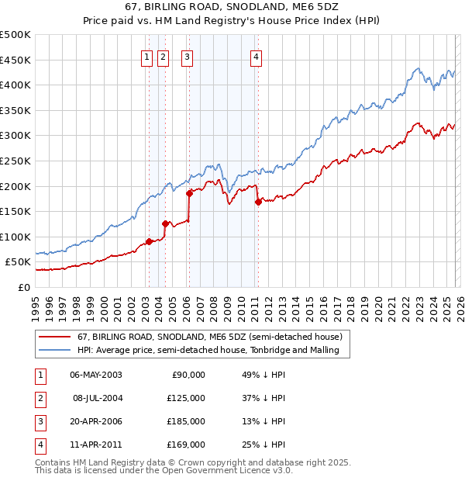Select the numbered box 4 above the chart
click(256, 56)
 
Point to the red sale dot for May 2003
click(149, 241)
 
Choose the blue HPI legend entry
click(213, 351)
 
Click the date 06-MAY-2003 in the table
click(95, 375)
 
